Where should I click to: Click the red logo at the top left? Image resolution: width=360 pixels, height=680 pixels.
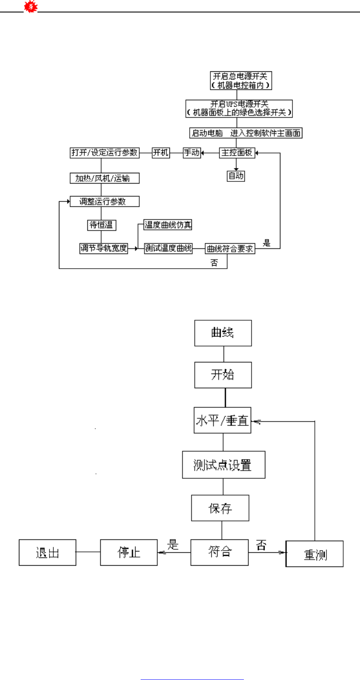(x=31, y=6)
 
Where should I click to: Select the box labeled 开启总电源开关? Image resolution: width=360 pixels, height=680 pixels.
(x=241, y=80)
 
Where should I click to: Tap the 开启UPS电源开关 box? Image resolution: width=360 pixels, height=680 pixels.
(x=239, y=108)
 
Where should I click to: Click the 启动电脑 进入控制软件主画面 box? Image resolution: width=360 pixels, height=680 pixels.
(x=246, y=133)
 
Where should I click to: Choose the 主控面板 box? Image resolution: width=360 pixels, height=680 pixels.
(x=237, y=153)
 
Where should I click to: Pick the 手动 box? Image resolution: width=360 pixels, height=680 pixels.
(x=192, y=153)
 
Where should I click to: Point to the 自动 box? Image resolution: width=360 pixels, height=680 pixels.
(x=236, y=176)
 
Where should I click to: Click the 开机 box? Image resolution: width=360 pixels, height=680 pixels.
(x=161, y=153)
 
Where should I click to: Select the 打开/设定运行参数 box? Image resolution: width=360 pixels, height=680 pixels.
(x=105, y=153)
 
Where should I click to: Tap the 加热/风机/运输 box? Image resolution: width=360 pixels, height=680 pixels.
(x=105, y=178)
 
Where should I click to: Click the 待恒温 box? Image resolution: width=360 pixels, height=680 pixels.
(x=102, y=225)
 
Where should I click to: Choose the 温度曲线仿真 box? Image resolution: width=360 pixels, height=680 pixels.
(x=168, y=225)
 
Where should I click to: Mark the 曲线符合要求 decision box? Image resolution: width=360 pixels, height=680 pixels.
(x=230, y=248)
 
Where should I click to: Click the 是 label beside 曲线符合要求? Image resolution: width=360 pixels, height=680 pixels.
(x=267, y=243)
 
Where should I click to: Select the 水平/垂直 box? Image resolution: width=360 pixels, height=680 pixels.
(x=222, y=420)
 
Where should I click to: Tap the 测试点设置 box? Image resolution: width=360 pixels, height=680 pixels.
(x=223, y=465)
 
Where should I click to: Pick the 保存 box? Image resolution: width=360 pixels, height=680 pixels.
(x=220, y=508)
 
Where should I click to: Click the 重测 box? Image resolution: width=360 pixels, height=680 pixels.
(x=315, y=554)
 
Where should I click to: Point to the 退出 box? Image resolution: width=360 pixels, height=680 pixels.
(x=47, y=552)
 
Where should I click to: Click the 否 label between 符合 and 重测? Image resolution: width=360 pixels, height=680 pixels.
(x=261, y=545)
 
